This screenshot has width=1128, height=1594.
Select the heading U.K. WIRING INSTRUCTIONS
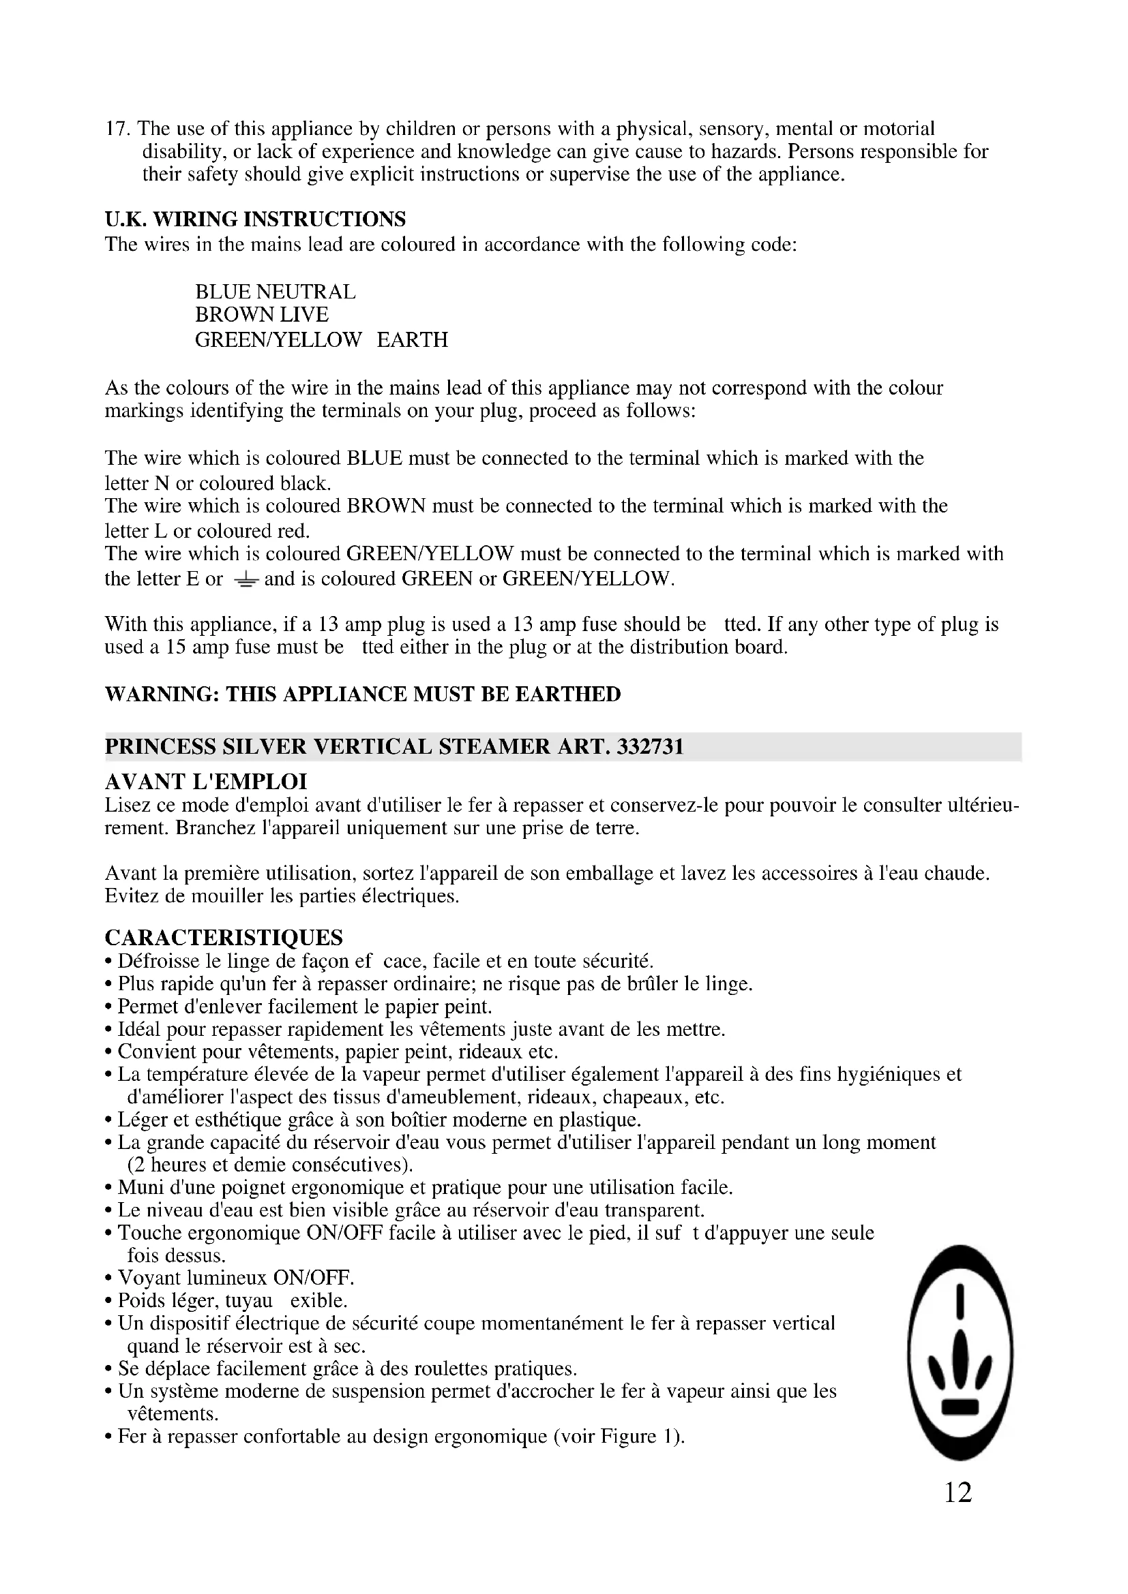point(255,219)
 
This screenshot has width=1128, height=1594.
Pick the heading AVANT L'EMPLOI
point(205,782)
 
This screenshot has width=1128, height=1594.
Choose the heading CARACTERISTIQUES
point(224,938)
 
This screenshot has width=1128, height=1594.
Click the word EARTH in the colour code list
point(413,340)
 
